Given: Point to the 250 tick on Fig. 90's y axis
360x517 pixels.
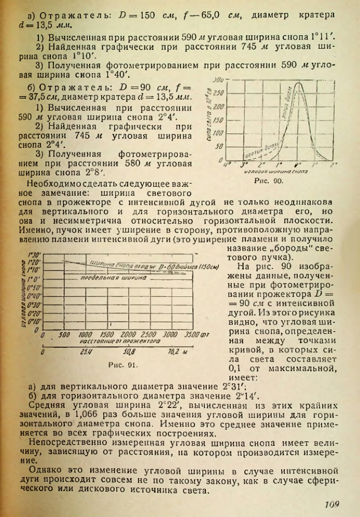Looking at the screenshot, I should (x=218, y=93).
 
